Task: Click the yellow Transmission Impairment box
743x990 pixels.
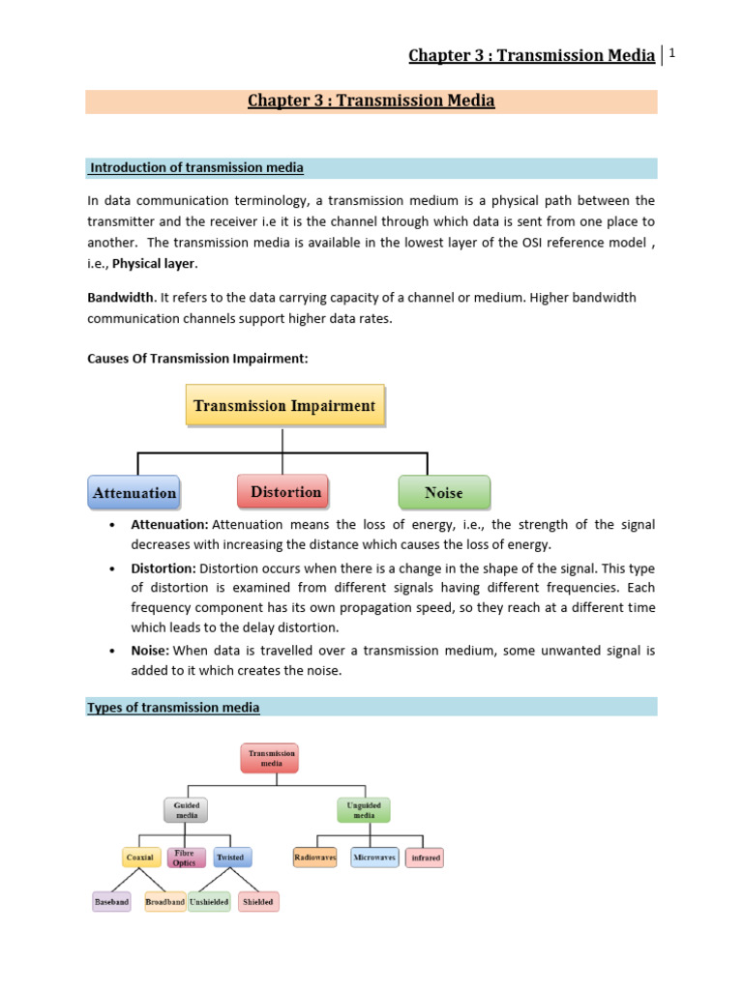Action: [284, 406]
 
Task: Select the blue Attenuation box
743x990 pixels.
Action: [134, 492]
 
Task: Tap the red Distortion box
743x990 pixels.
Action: [285, 492]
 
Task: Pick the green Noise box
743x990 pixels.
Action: [444, 492]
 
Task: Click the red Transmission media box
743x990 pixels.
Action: [268, 757]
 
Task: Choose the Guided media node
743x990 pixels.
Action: [187, 808]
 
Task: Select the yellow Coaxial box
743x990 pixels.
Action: [140, 857]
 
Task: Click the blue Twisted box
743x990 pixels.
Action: [230, 857]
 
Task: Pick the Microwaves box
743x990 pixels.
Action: [373, 857]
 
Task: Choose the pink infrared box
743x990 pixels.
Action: [425, 857]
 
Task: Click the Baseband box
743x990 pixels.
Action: [110, 902]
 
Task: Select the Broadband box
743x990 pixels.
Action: [164, 902]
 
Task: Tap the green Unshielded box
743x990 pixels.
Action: [210, 902]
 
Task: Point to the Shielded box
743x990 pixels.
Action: [258, 902]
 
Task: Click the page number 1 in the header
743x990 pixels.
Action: [670, 52]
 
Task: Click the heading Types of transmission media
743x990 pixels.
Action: [174, 708]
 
